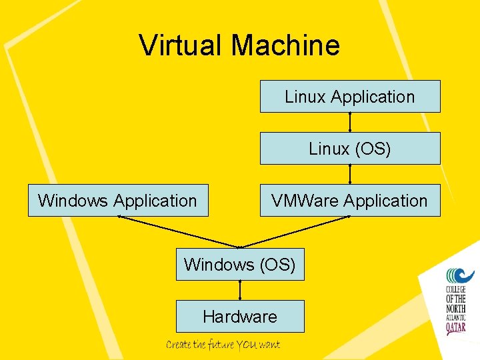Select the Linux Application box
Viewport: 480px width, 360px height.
(x=350, y=97)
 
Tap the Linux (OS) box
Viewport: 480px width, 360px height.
(x=350, y=149)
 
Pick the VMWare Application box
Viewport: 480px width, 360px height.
(x=350, y=201)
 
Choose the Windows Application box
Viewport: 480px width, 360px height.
(x=118, y=201)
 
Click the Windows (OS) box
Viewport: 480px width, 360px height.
(x=240, y=265)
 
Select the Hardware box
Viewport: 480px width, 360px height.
(x=240, y=317)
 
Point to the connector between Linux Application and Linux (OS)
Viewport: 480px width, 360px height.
(x=350, y=122)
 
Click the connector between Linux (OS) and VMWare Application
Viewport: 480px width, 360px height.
(x=350, y=174)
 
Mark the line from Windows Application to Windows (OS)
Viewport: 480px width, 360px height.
(x=179, y=232)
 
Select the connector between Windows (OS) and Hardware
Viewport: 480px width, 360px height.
(x=240, y=290)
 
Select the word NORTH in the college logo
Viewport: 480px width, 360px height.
(x=459, y=308)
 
